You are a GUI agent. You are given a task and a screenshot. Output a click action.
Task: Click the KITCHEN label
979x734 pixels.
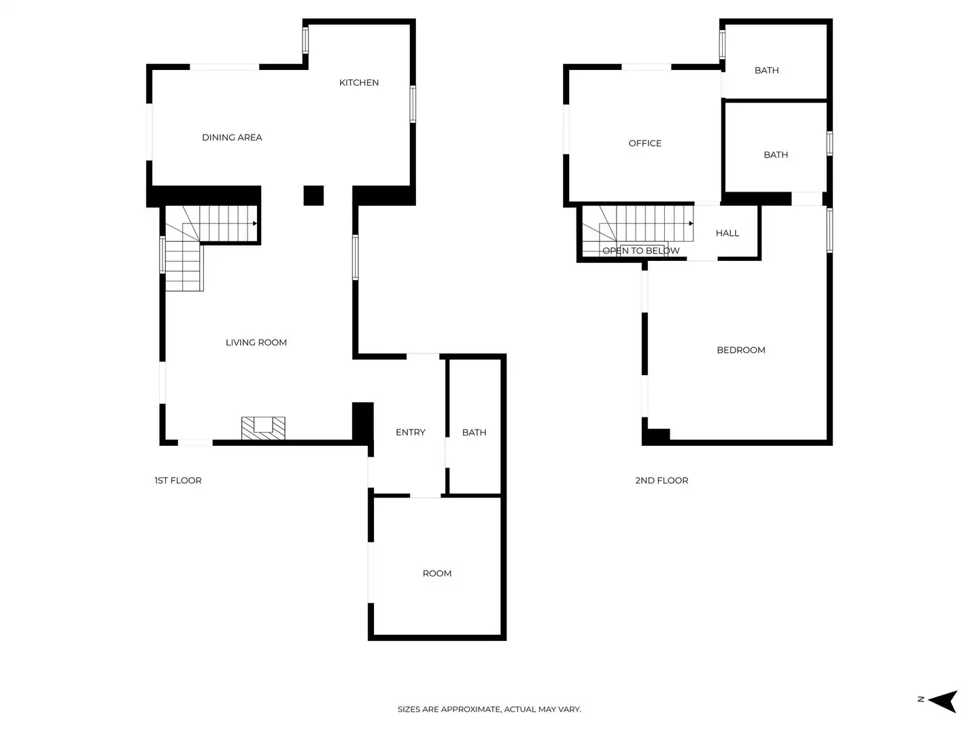pyautogui.click(x=359, y=83)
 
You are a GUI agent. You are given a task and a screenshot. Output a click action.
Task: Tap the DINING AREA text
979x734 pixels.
pyautogui.click(x=232, y=137)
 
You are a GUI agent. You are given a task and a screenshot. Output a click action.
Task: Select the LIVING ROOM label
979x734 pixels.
pyautogui.click(x=256, y=343)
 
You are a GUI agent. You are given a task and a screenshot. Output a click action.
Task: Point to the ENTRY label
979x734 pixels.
pyautogui.click(x=411, y=432)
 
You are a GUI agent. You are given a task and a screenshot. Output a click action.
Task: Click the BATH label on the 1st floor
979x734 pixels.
pyautogui.click(x=474, y=432)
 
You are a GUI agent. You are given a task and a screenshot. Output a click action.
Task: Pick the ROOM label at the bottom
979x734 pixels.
pyautogui.click(x=437, y=574)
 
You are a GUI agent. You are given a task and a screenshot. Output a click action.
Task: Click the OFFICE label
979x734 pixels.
pyautogui.click(x=645, y=143)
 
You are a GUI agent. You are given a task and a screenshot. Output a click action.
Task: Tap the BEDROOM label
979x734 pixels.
pyautogui.click(x=741, y=350)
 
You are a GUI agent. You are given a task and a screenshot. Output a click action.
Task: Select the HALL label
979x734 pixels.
pyautogui.click(x=727, y=233)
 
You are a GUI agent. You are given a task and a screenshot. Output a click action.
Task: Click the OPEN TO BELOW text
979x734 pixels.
pyautogui.click(x=641, y=251)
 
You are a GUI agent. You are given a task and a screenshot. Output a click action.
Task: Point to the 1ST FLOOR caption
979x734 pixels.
pyautogui.click(x=178, y=480)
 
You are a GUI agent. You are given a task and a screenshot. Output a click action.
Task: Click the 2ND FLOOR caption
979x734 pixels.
pyautogui.click(x=662, y=480)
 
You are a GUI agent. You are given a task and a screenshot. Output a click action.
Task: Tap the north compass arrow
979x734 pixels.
pyautogui.click(x=943, y=701)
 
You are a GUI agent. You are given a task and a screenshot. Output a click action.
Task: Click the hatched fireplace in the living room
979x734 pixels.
pyautogui.click(x=263, y=428)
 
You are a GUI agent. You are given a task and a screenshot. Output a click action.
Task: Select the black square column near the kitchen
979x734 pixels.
pyautogui.click(x=313, y=196)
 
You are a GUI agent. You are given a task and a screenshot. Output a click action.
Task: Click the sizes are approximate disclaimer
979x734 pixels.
pyautogui.click(x=489, y=710)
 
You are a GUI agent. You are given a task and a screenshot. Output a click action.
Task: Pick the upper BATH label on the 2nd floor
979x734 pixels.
pyautogui.click(x=766, y=71)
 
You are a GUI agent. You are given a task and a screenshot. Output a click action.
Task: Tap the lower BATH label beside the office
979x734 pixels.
pyautogui.click(x=776, y=155)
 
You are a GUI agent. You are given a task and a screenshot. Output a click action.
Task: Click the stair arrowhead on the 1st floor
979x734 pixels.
pyautogui.click(x=254, y=223)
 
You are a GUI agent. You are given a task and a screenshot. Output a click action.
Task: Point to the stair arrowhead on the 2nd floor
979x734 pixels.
pyautogui.click(x=691, y=223)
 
